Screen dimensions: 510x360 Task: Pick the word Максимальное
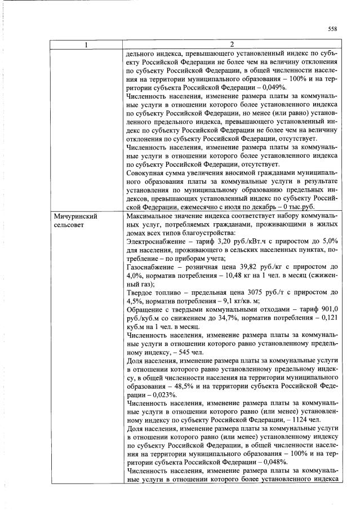tap(153, 216)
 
